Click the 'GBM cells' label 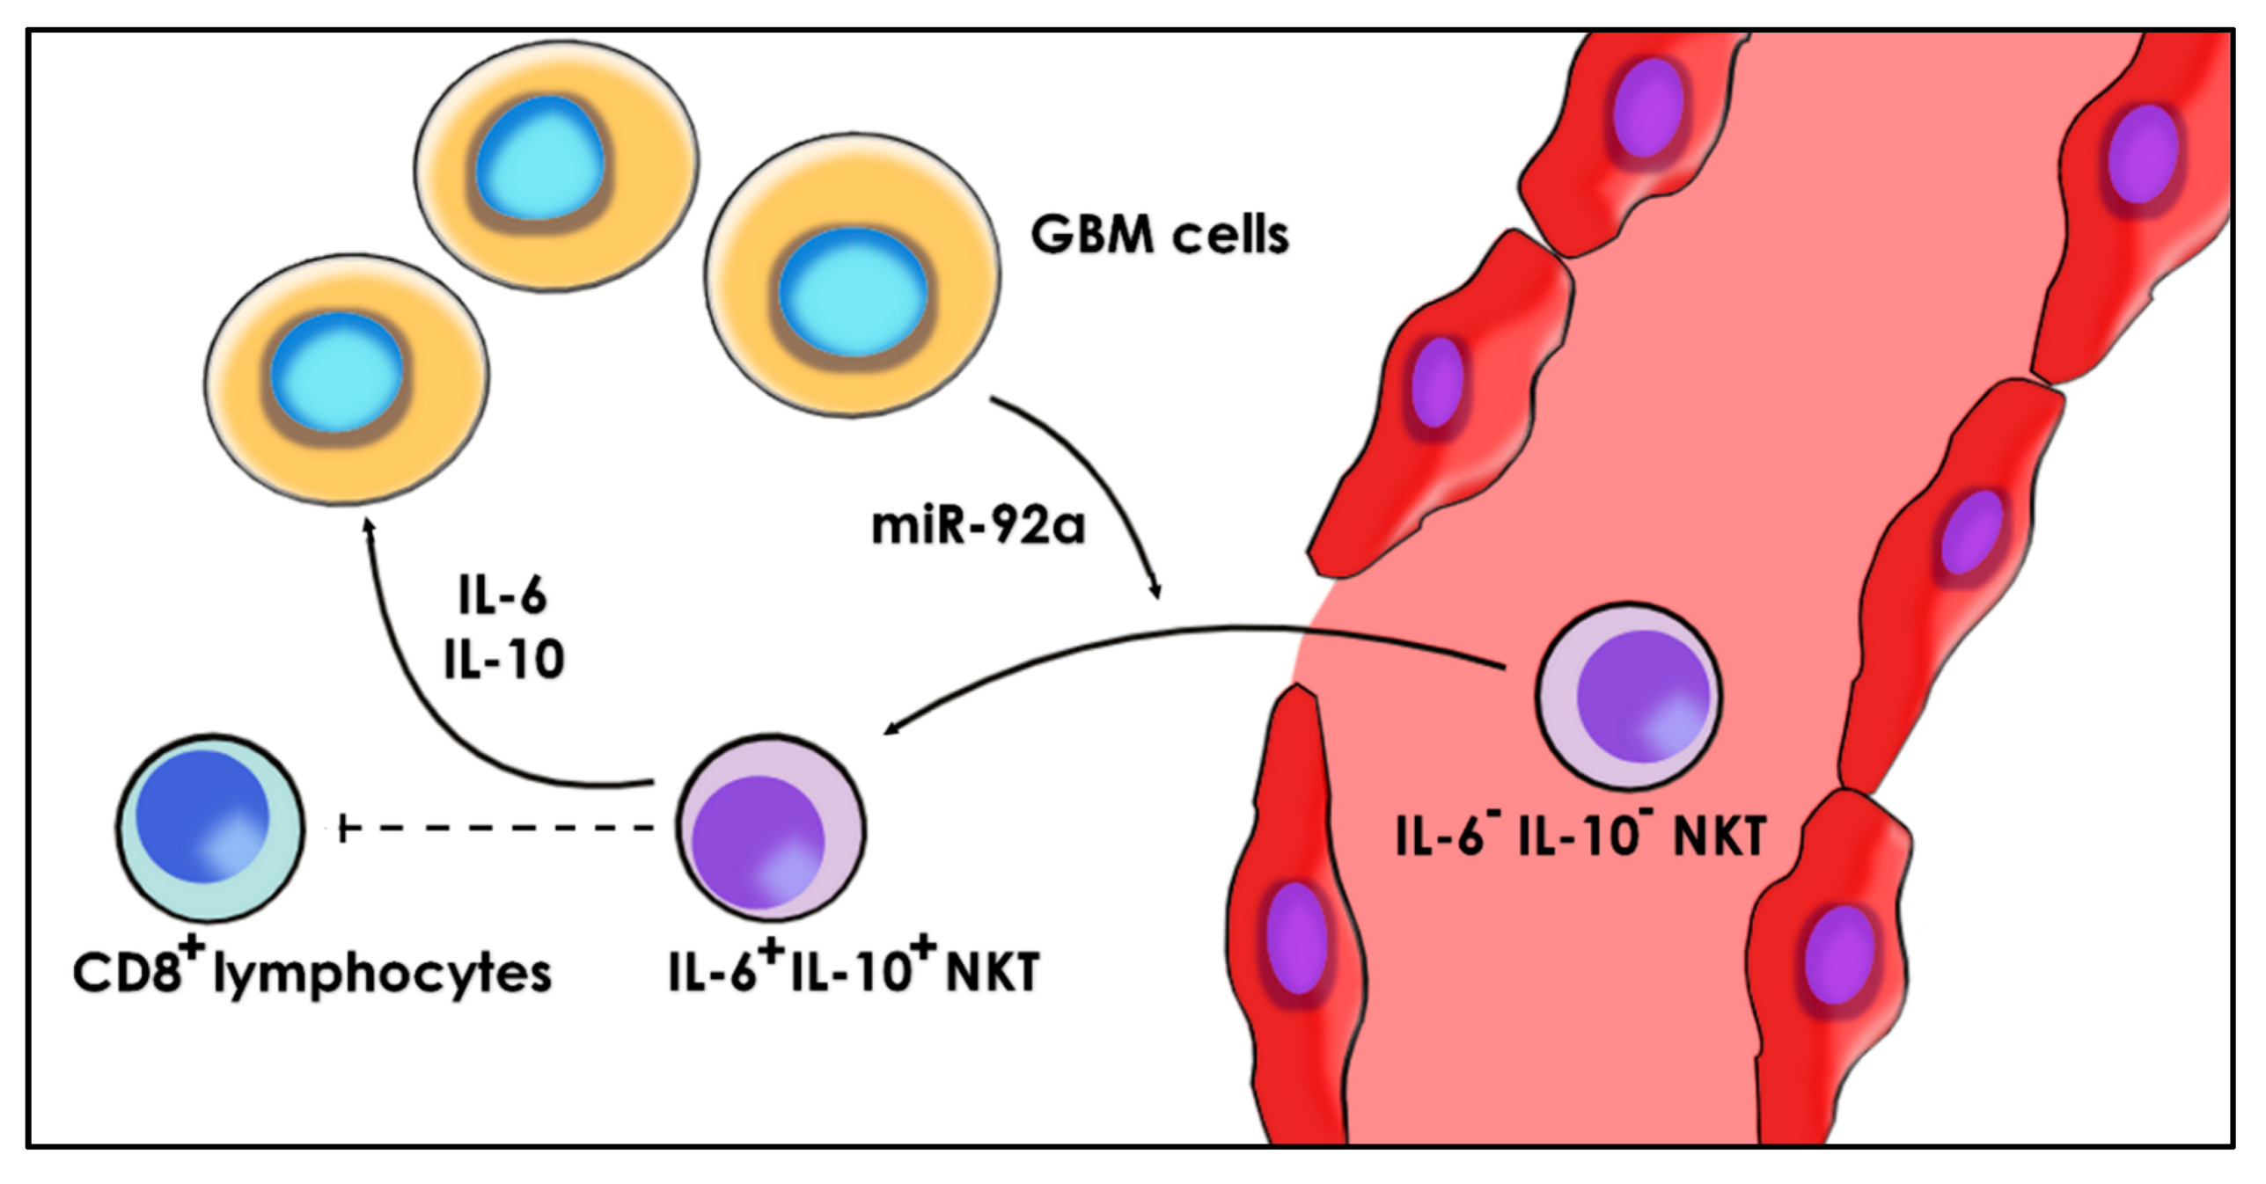[1159, 236]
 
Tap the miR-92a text [978, 526]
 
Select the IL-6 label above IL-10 [502, 596]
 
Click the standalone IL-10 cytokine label [503, 660]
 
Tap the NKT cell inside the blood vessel [1628, 696]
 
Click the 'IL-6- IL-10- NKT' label [1580, 836]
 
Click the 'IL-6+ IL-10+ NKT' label [854, 972]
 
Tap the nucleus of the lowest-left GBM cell [337, 372]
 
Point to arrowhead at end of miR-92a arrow [1156, 590]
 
